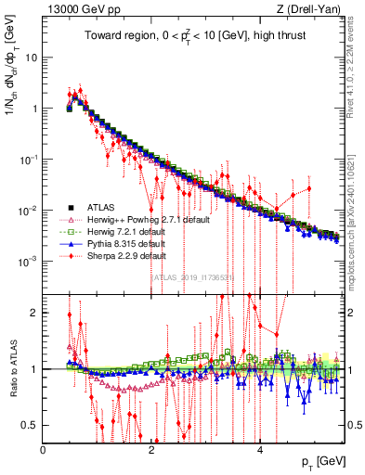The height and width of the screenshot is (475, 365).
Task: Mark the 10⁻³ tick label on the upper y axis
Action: click(x=28, y=262)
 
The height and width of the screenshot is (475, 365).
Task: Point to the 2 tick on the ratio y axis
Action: click(x=35, y=312)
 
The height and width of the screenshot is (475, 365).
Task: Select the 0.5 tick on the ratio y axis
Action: click(x=32, y=425)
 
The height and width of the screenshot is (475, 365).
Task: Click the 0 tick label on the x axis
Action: click(x=44, y=450)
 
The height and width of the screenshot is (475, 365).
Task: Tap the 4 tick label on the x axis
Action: click(x=259, y=450)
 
